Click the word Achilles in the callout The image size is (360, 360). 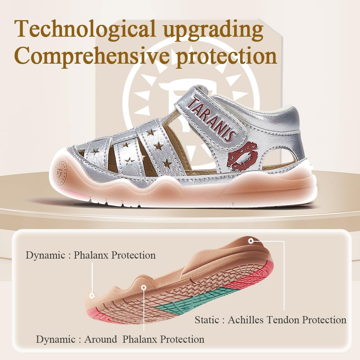pyautogui.click(x=245, y=320)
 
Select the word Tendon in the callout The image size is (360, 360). pyautogui.click(x=282, y=320)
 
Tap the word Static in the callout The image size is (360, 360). pyautogui.click(x=207, y=320)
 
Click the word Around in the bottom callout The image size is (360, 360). pyautogui.click(x=101, y=339)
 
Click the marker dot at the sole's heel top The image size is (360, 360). pyautogui.click(x=251, y=241)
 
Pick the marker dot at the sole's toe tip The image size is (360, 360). pyautogui.click(x=92, y=296)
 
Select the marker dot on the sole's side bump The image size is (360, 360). pyautogui.click(x=144, y=287)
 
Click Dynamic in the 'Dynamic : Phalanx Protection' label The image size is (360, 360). pyautogui.click(x=45, y=255)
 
